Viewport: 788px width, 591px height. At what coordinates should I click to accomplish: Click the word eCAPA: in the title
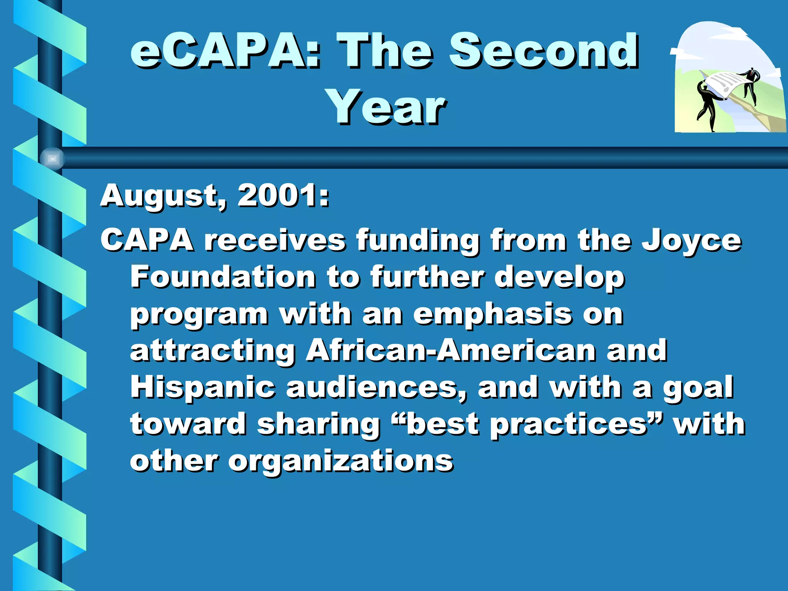[225, 51]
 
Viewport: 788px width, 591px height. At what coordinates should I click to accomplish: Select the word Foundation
[223, 277]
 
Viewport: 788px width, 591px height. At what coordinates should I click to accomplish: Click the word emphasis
[492, 315]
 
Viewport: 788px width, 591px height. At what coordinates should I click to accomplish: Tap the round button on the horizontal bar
[52, 159]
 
